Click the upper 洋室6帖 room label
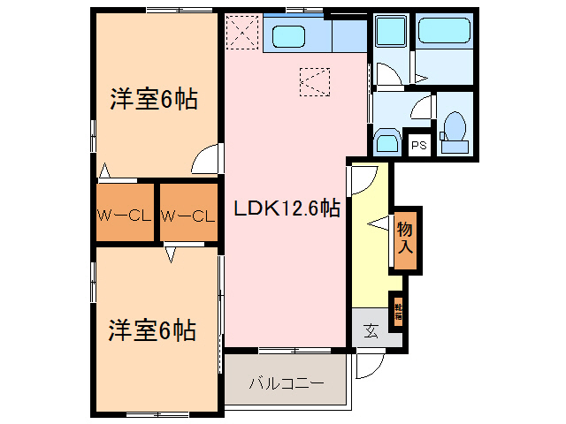pos(153,99)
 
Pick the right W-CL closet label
pos(187,215)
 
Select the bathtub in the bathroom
pos(446,33)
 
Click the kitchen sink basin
pos(288,36)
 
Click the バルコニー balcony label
pos(285,384)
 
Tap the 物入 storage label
pos(405,238)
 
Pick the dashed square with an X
pos(241,34)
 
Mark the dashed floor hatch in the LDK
pos(314,81)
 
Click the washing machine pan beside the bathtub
pos(390,34)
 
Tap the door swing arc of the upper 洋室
pos(204,159)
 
